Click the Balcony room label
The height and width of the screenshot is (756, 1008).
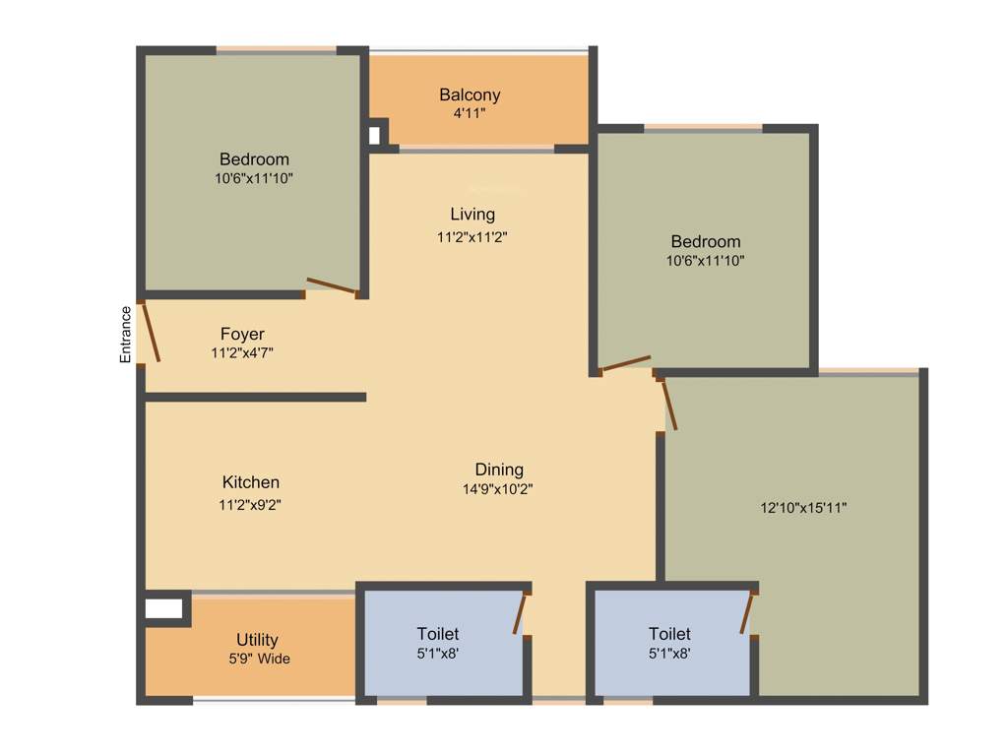coord(470,95)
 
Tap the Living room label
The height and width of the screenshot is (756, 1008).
coord(472,215)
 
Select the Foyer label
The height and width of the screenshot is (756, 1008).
coord(242,335)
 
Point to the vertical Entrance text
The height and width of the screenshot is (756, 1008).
coord(126,336)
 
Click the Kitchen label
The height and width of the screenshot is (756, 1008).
coord(250,482)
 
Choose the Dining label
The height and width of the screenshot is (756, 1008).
coord(499,470)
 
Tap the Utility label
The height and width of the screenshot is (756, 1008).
coord(257,640)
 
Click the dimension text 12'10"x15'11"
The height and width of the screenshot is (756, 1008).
coord(803,508)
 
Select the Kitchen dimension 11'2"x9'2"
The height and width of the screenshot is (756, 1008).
coord(250,504)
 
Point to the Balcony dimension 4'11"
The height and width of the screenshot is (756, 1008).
coord(469,114)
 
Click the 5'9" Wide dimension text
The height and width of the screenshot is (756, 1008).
coord(259,660)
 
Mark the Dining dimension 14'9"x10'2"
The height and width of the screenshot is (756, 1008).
coord(498,489)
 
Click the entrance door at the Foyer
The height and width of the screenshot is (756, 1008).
coord(151,333)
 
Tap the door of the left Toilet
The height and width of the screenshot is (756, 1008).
coord(520,614)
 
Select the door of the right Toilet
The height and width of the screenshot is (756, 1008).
coord(748,613)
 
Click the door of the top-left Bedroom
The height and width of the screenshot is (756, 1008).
coord(331,285)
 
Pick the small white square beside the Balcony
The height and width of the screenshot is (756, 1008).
coord(374,136)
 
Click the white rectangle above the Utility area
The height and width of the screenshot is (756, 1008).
coord(163,609)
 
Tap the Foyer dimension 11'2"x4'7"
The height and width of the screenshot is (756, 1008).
coord(242,352)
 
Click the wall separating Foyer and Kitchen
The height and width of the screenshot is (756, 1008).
coord(256,397)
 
